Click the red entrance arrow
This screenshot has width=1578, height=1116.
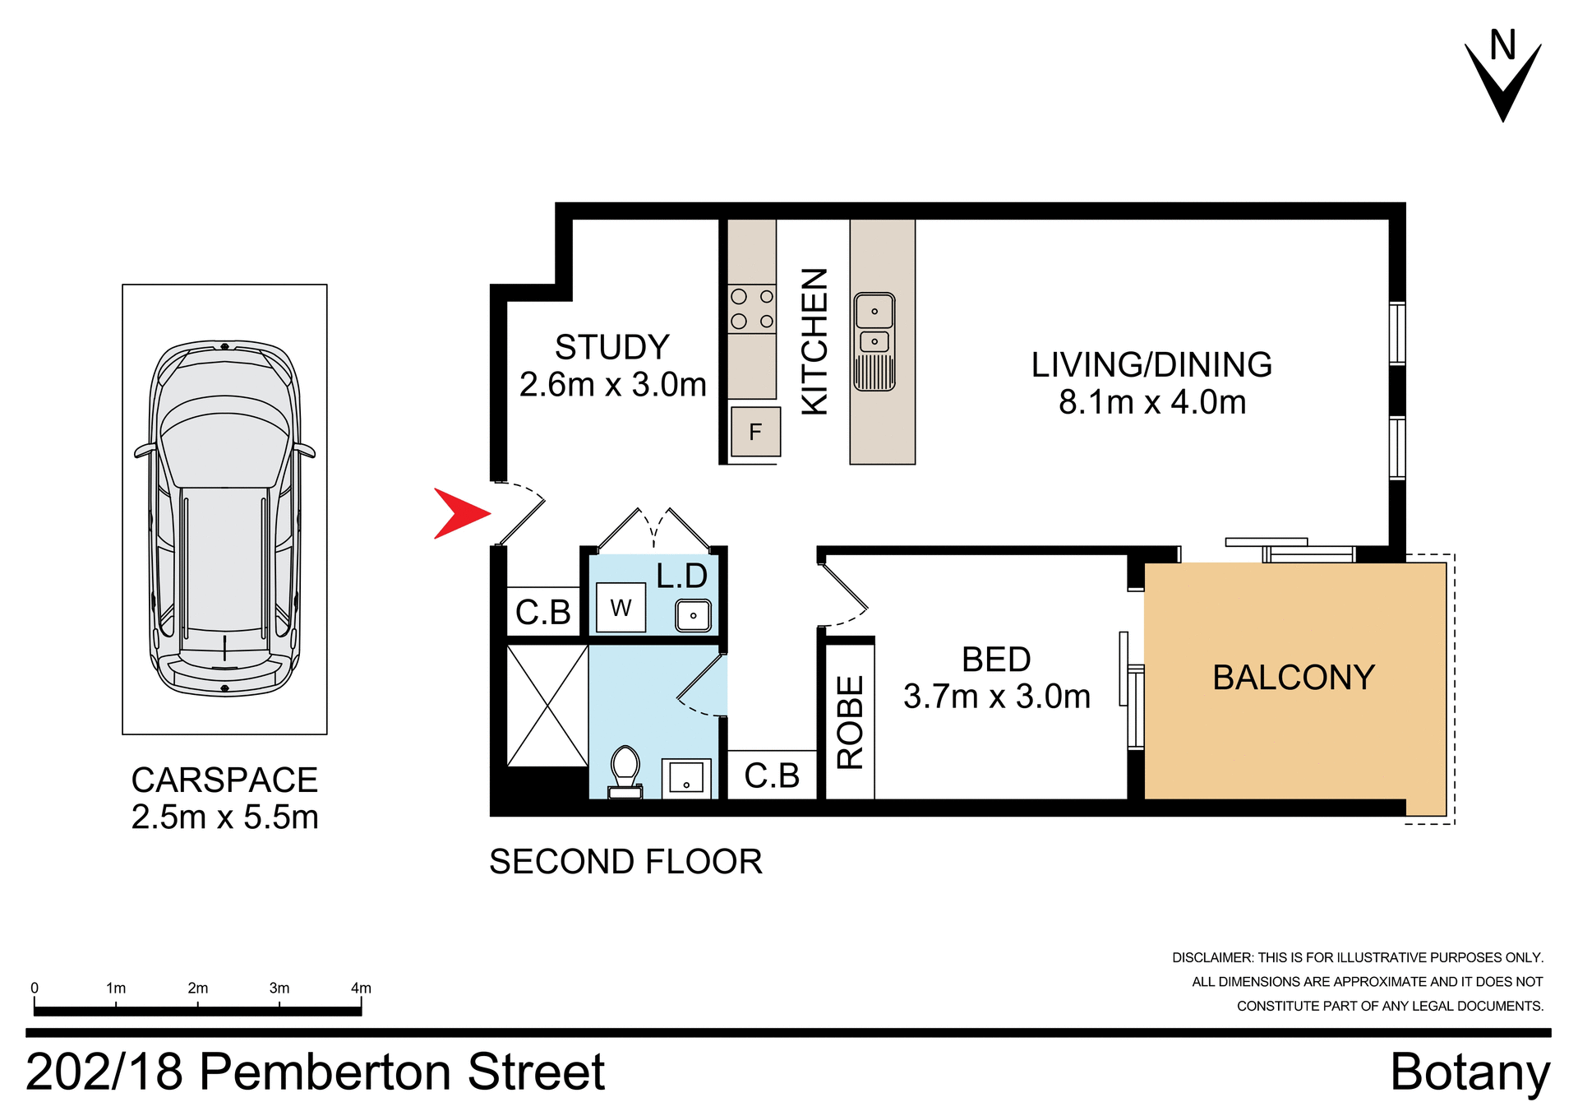[x=460, y=514]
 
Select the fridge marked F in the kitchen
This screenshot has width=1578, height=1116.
[x=755, y=432]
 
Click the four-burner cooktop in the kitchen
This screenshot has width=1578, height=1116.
[x=752, y=309]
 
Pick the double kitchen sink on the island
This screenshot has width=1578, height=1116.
[x=874, y=340]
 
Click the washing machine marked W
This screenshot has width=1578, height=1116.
[x=621, y=608]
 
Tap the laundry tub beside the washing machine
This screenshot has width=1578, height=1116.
[x=693, y=615]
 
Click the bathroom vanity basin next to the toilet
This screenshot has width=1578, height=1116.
[x=686, y=776]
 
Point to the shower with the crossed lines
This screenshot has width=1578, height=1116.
[x=547, y=706]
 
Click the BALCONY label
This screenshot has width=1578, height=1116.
[x=1294, y=678]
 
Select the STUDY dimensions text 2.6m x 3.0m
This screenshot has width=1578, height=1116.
[x=612, y=385]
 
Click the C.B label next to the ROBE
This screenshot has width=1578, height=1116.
[x=772, y=776]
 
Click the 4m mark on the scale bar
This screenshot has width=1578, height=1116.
[x=361, y=989]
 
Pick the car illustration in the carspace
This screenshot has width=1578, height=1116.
[x=224, y=518]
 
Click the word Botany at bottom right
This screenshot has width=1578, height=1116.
[x=1470, y=1072]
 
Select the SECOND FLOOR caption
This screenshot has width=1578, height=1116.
[x=625, y=862]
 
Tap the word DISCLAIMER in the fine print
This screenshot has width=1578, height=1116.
[x=1212, y=958]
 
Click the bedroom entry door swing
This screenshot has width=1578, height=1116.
[x=845, y=590]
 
